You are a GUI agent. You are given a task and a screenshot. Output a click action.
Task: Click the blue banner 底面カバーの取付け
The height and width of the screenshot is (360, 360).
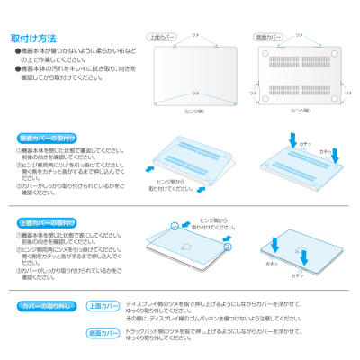click(47, 139)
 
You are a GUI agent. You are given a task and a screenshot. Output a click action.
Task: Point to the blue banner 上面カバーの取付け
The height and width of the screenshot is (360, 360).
click(47, 222)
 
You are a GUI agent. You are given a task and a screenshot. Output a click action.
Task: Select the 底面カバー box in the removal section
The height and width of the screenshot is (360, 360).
click(103, 333)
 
